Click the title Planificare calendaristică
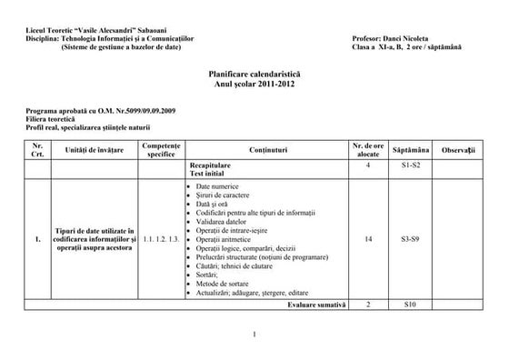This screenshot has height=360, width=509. click(x=254, y=74)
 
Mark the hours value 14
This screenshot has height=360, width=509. click(x=367, y=240)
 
